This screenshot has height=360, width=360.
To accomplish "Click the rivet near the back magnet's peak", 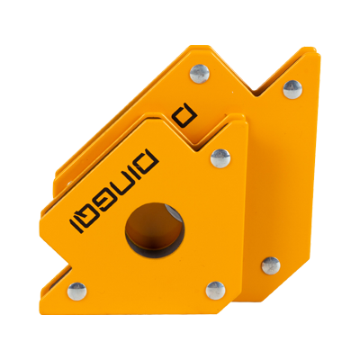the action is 200,74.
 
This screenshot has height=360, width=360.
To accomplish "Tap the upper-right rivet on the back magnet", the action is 292,89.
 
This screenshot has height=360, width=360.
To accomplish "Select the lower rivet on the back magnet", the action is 271,265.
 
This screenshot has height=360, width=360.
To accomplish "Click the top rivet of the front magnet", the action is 220,158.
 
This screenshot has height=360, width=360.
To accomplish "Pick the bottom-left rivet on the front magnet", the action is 77,292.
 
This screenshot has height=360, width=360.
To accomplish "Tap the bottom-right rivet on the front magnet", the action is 215,291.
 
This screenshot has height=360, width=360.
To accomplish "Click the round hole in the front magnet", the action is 155,230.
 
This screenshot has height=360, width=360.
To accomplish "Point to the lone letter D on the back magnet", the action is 186,115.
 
